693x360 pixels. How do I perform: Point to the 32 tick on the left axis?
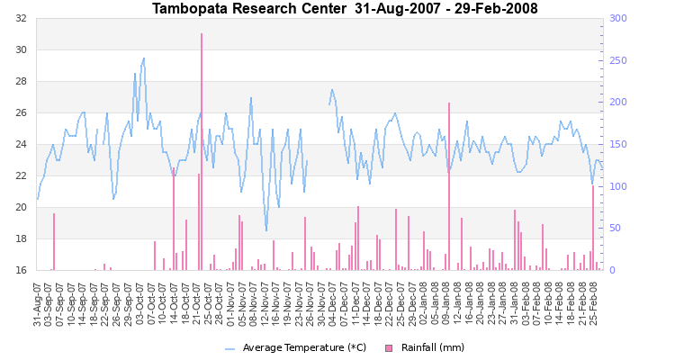[x=19, y=19]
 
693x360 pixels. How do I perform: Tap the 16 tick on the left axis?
[x=19, y=270]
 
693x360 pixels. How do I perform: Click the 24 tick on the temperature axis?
[x=19, y=144]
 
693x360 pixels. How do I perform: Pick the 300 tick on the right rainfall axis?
[x=621, y=19]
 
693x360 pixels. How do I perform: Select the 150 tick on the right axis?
[x=621, y=144]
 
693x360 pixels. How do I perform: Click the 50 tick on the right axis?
[x=618, y=228]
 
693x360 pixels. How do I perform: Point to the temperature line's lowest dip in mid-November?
[x=266, y=230]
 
